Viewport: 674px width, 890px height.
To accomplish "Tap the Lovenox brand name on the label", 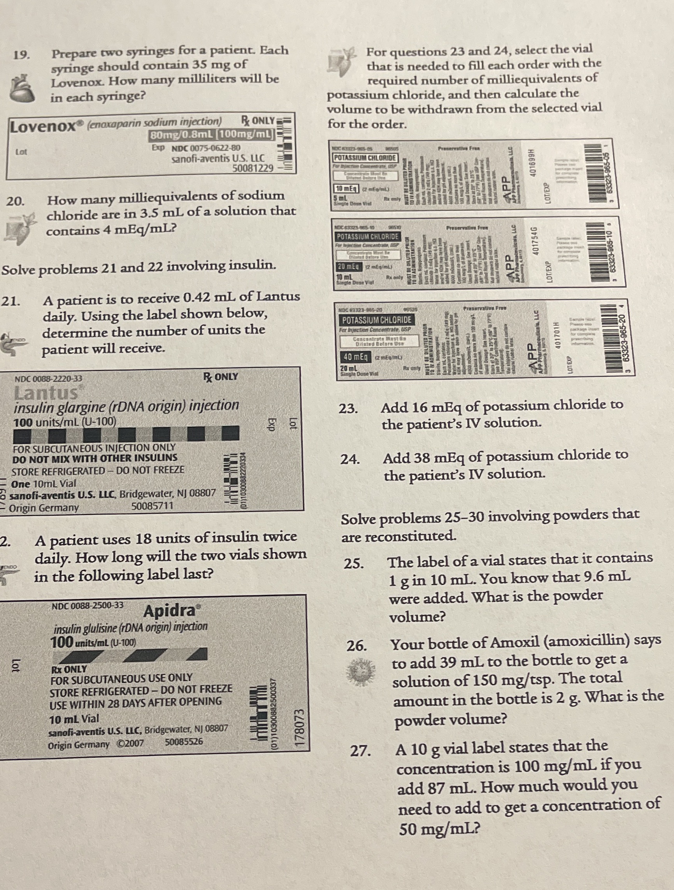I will pyautogui.click(x=43, y=127).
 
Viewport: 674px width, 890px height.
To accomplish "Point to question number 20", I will pyautogui.click(x=15, y=201).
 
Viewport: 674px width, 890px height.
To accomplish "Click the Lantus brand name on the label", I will pyautogui.click(x=46, y=392).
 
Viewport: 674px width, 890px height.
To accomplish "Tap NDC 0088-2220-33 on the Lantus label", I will pyautogui.click(x=48, y=379).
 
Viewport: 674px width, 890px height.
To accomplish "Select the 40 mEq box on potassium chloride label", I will pyautogui.click(x=355, y=356).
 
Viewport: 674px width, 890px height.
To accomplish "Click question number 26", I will pyautogui.click(x=356, y=646).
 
